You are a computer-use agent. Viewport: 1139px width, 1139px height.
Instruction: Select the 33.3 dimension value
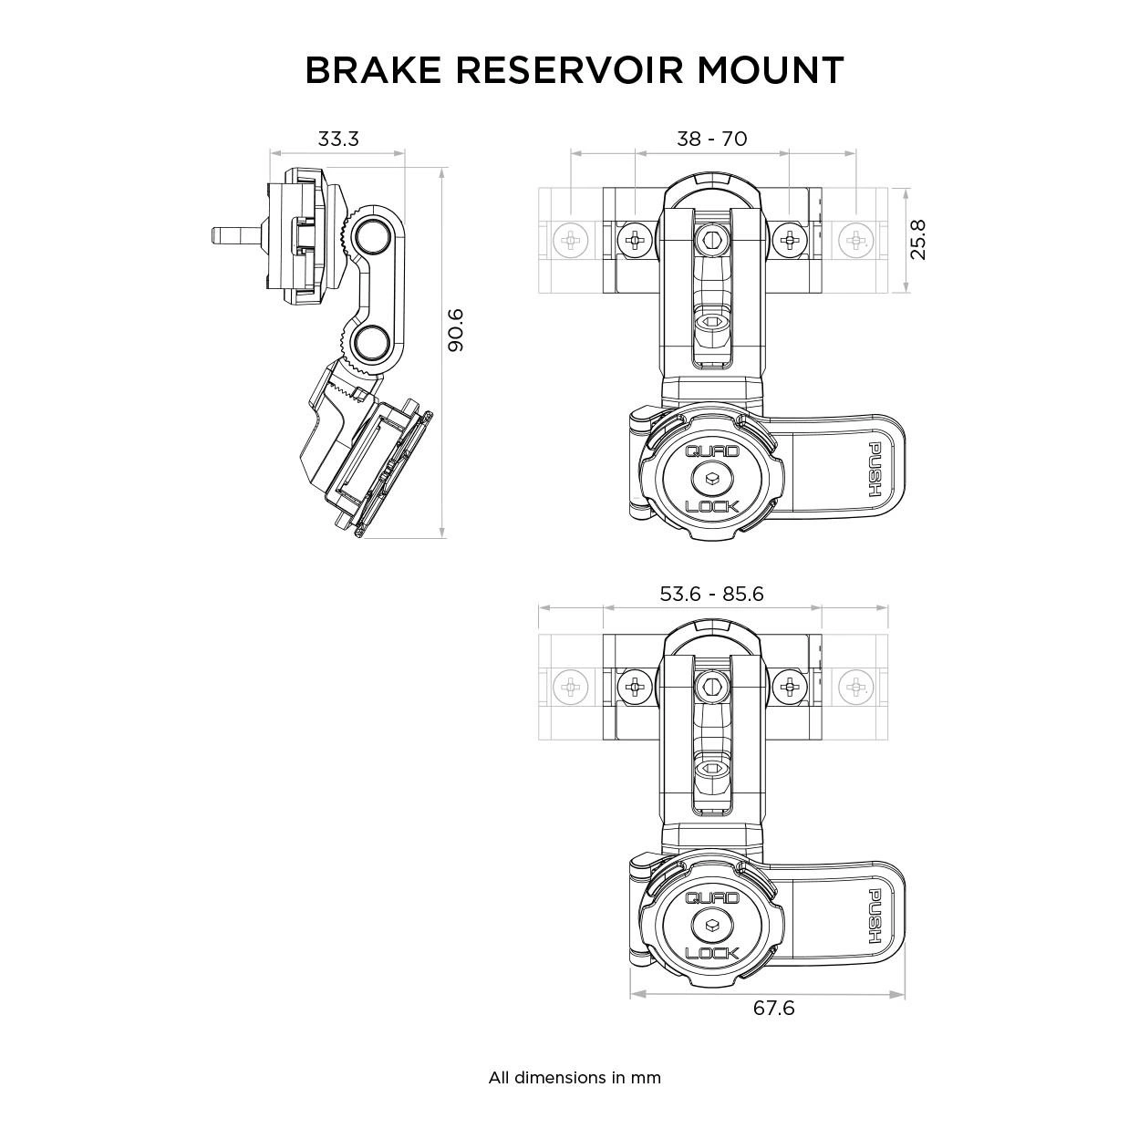[x=337, y=139]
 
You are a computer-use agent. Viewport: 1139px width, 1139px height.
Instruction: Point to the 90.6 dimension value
[x=456, y=330]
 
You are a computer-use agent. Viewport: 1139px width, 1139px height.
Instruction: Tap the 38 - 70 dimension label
[x=711, y=139]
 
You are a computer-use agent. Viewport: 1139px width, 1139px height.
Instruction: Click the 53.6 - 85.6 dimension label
[x=711, y=594]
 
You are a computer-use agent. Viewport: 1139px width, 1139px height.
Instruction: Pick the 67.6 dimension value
[x=773, y=1008]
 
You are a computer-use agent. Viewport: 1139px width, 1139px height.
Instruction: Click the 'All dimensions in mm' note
[x=575, y=1077]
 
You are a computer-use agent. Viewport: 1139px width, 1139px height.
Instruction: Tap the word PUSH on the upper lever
[x=873, y=469]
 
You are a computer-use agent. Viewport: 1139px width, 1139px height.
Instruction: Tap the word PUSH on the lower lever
[x=873, y=916]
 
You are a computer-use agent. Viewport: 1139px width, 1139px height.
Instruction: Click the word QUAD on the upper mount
[x=712, y=450]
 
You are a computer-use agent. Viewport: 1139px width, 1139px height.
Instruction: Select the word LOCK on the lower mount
[x=712, y=953]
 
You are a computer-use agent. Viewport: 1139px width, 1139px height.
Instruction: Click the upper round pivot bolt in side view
[x=371, y=237]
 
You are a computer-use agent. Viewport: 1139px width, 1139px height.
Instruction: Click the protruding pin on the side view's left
[x=232, y=235]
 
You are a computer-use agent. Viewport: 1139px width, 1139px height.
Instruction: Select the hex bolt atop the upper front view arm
[x=711, y=241]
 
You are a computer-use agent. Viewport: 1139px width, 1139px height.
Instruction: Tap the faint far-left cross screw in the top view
[x=572, y=241]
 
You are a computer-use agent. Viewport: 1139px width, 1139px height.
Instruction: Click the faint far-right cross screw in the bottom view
[x=855, y=687]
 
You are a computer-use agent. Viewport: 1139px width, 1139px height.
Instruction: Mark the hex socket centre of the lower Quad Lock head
[x=712, y=926]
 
